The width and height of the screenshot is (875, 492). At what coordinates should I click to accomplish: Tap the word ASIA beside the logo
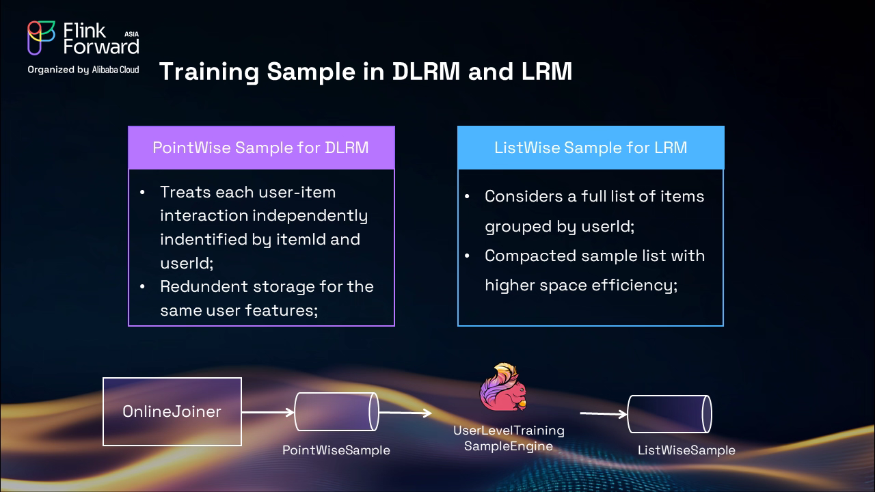pos(132,33)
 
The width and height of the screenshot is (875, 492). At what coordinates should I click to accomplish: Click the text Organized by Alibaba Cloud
pos(83,70)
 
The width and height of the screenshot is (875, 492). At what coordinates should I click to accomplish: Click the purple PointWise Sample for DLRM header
pos(261,148)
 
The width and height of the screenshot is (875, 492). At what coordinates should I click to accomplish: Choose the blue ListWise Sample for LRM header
pos(591,148)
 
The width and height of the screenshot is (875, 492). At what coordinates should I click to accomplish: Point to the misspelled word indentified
pos(203,239)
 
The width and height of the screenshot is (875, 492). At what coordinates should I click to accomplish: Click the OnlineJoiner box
pos(172,411)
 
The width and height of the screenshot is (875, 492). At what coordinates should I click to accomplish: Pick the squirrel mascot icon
pos(503,387)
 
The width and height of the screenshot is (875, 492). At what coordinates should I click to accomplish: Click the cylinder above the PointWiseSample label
pos(336,411)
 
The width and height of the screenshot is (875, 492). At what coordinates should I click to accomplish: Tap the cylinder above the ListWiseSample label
pos(669,414)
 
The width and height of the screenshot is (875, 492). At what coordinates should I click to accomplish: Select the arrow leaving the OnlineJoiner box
pos(267,412)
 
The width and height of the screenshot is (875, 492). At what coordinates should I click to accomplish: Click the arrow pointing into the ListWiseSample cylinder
pos(603,414)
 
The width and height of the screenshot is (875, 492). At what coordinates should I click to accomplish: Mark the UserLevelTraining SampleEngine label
pos(509,438)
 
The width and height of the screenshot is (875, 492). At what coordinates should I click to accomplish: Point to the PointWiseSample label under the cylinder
pos(336,450)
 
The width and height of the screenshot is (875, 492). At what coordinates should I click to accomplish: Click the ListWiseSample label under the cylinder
pos(686,450)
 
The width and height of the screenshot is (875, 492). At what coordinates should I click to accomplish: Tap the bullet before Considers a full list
pos(468,197)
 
